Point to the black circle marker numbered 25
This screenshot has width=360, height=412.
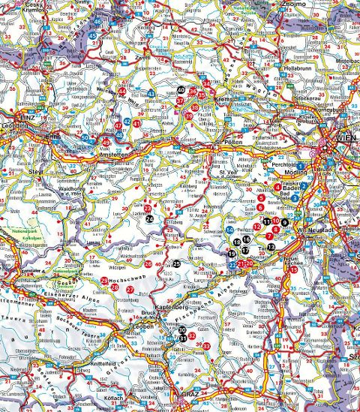[177, 264]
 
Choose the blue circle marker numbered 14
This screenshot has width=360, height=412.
[229, 228]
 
